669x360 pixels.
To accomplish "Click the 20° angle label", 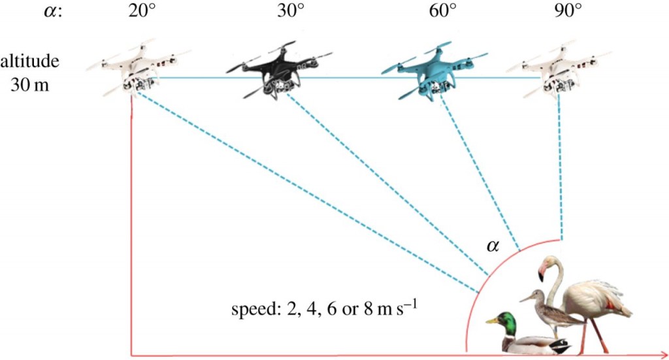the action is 143,10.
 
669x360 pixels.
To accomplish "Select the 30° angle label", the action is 291,10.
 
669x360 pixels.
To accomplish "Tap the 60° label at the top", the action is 443,10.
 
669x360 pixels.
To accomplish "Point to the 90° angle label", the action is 568,10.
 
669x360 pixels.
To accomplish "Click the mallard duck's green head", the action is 506,322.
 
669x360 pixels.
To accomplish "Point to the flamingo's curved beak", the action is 542,271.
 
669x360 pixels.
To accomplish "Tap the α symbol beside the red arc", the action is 493,246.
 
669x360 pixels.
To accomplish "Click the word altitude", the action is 29,61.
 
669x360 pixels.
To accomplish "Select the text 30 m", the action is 29,85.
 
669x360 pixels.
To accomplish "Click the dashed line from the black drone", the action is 387,184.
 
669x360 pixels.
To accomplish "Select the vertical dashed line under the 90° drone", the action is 559,169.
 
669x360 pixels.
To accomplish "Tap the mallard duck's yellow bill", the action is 491,321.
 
